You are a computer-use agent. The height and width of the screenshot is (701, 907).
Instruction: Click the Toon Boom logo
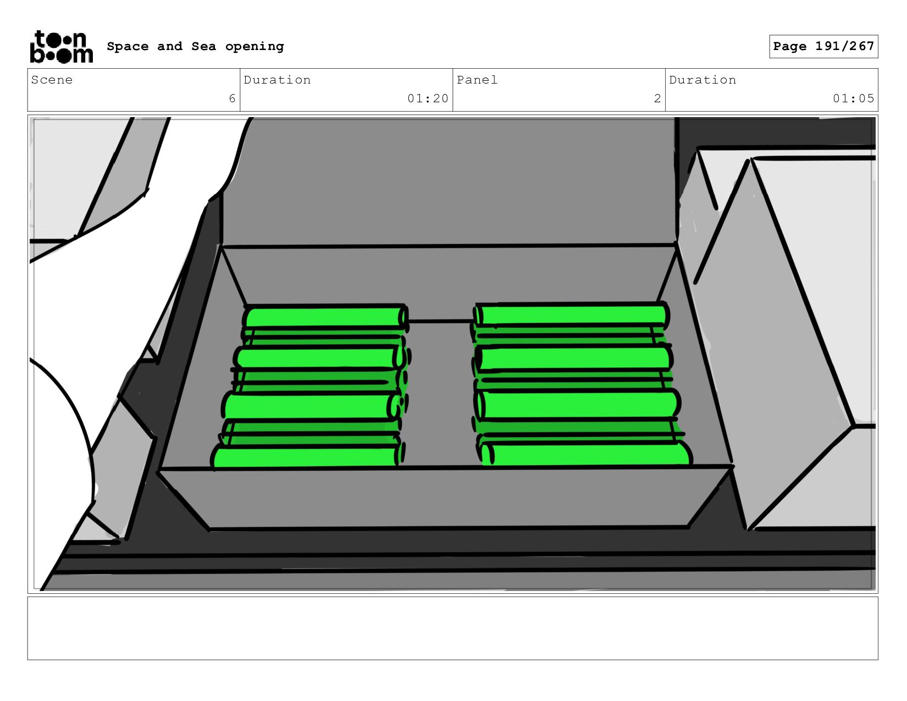click(x=62, y=47)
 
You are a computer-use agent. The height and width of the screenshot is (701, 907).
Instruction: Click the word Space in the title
click(x=128, y=46)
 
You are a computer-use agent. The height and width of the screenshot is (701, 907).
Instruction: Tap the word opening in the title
click(x=255, y=47)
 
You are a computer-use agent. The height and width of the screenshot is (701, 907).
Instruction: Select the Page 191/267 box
click(x=823, y=46)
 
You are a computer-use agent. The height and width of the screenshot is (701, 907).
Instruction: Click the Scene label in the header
click(x=52, y=80)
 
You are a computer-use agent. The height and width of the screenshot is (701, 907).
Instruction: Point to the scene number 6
click(x=232, y=98)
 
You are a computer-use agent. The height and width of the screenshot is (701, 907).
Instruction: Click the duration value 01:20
click(x=428, y=98)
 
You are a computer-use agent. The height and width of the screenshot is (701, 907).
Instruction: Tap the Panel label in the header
click(x=477, y=80)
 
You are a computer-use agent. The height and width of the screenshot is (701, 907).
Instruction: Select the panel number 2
click(x=657, y=98)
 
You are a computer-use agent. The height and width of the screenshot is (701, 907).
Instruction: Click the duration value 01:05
click(x=854, y=98)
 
